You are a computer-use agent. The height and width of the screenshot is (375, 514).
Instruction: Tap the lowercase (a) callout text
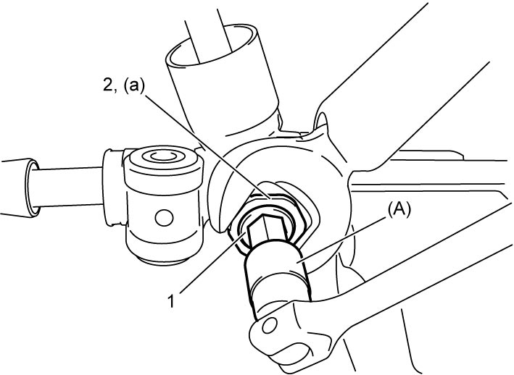pos(133,87)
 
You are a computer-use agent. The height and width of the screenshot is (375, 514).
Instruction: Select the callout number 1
pos(172,301)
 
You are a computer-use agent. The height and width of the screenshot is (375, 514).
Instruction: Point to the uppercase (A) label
pos(399,211)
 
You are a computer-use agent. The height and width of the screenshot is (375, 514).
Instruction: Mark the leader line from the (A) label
pos(342,240)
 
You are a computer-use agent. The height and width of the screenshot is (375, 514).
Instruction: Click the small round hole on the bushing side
pos(164,218)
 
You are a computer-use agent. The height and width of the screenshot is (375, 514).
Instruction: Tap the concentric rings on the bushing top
pos(162,156)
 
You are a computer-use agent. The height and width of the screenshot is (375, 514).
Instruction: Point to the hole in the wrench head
pos(270,324)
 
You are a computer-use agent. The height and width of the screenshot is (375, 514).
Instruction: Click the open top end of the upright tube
pos(212,45)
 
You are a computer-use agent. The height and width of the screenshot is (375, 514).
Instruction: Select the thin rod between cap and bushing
pos(70,187)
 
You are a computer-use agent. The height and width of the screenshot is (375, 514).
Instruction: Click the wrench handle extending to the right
pos(410,282)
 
